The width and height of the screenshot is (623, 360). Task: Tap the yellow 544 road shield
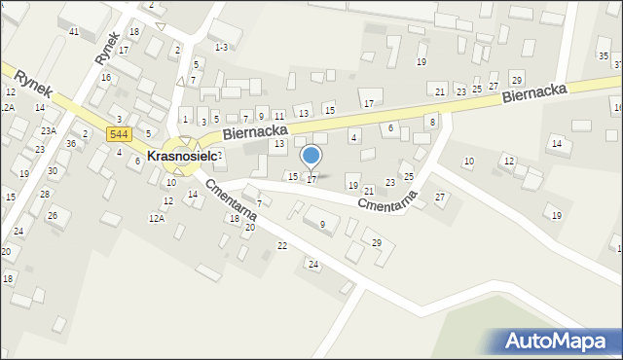(120, 133)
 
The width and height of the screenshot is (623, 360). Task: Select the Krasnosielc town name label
(182, 155)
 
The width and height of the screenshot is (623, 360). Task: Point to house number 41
(74, 32)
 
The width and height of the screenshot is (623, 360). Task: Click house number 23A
(48, 130)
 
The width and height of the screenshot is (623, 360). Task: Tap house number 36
(71, 143)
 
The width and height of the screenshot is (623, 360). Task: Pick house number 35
(604, 56)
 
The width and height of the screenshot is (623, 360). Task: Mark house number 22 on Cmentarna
(282, 245)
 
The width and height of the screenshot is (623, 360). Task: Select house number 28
(45, 194)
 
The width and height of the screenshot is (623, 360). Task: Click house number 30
(53, 170)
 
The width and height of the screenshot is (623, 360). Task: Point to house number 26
(53, 215)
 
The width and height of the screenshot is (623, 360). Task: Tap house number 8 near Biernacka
(432, 121)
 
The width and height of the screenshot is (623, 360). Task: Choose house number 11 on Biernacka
(278, 116)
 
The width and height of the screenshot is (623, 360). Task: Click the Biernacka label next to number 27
(535, 93)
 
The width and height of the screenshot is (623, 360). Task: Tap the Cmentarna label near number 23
(386, 201)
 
